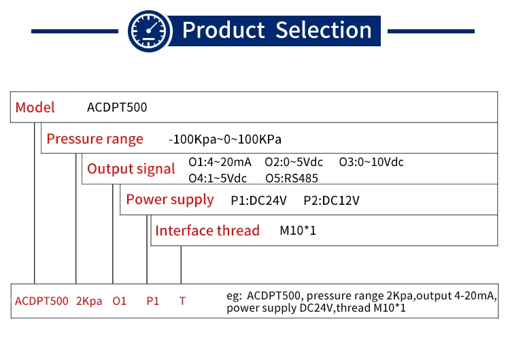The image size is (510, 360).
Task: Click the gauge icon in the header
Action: (x=149, y=30)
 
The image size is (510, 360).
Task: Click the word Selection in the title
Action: (x=323, y=30)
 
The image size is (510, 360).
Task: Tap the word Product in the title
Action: (x=223, y=30)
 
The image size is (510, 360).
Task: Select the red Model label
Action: (x=35, y=107)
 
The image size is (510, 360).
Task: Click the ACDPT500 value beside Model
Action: (x=117, y=107)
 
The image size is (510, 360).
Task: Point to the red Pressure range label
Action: (x=95, y=139)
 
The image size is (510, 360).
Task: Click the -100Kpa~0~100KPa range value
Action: (x=224, y=140)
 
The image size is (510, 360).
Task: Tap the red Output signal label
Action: (x=131, y=169)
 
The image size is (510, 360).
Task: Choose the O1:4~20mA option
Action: (x=220, y=162)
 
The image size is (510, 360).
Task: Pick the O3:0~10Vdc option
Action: (x=371, y=162)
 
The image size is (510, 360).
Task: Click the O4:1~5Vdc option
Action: (x=218, y=178)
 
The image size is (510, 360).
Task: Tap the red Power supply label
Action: (x=169, y=199)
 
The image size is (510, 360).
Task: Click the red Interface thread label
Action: (x=207, y=230)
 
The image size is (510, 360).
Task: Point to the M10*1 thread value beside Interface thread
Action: (x=298, y=231)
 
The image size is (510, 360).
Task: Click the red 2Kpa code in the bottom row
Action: (x=89, y=300)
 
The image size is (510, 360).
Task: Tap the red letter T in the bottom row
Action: (x=182, y=300)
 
